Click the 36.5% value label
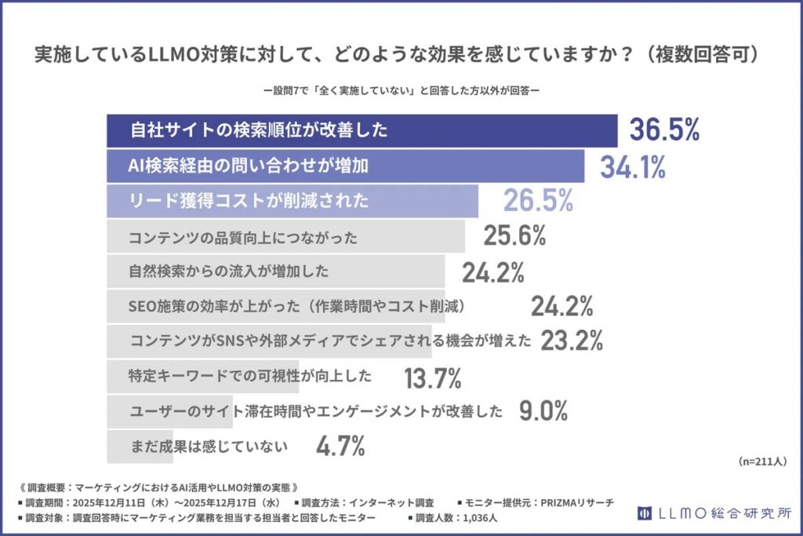coord(663,130)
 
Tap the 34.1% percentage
coord(632,166)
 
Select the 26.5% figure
coord(538,201)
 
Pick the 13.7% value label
coord(432,378)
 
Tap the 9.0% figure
coord(543,410)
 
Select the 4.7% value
coord(341,447)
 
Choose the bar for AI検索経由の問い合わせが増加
coord(345,166)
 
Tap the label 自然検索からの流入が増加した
coord(227,272)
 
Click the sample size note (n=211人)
coord(763,461)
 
